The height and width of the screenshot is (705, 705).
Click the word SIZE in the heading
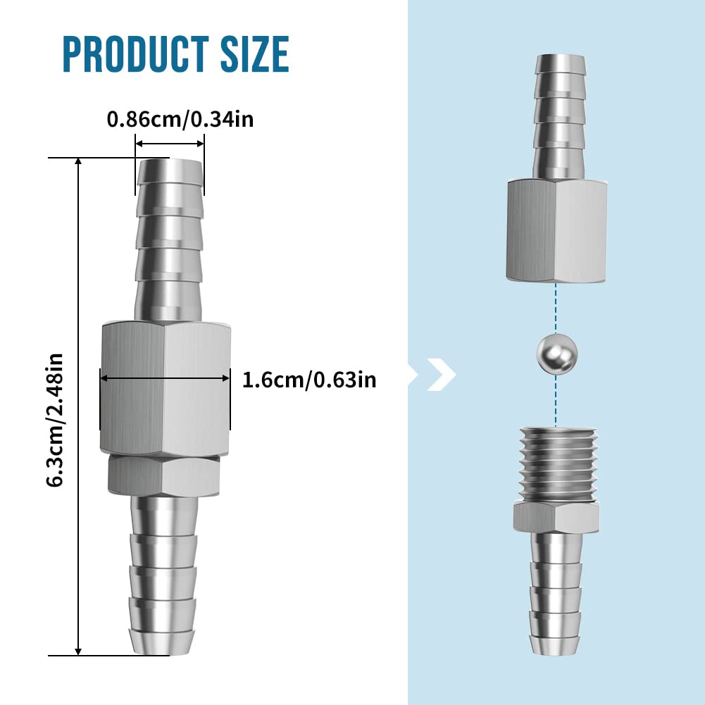[x=254, y=54]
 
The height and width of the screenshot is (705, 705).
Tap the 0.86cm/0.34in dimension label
[x=180, y=120]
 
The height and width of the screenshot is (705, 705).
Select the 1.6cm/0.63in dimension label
[x=309, y=380]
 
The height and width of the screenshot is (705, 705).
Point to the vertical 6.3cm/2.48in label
[x=55, y=420]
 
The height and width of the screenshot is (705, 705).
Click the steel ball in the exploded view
[x=556, y=352]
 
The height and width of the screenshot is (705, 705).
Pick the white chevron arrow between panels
[x=441, y=375]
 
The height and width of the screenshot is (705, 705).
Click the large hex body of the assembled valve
[x=165, y=388]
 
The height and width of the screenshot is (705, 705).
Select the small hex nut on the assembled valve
[x=163, y=475]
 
